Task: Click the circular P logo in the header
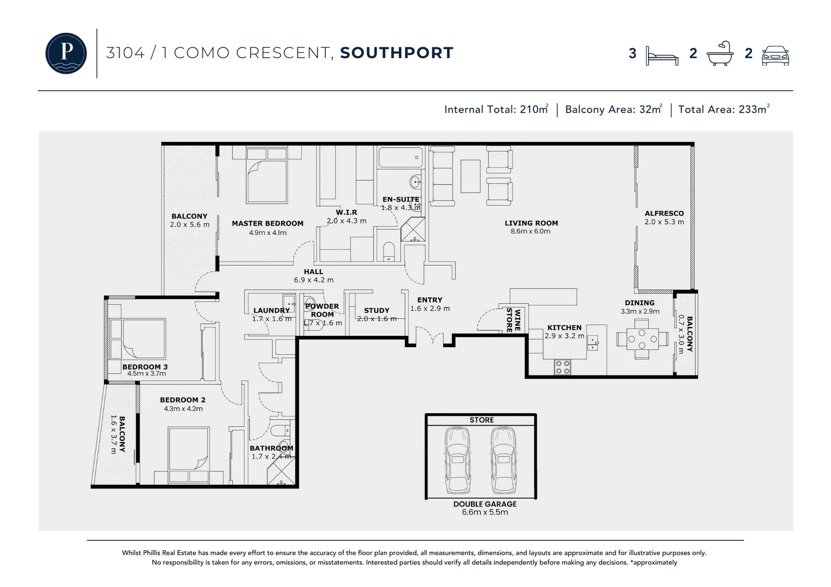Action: point(66,53)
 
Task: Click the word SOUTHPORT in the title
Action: point(396,53)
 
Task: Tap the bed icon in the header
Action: point(662,55)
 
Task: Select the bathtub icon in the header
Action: point(720,53)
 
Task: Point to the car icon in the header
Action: point(775,55)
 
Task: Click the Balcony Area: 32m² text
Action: point(613,109)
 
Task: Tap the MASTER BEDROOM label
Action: point(268,223)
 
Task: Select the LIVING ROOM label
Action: point(531,223)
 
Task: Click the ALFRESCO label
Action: point(664,214)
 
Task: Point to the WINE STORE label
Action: point(513,320)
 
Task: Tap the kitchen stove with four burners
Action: point(562,367)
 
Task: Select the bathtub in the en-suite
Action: point(400,158)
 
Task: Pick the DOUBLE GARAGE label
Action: point(485,504)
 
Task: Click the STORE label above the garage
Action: point(481,420)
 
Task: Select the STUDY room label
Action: point(376,311)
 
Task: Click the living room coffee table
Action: point(470,176)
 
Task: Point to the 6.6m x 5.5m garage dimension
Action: point(485,513)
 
